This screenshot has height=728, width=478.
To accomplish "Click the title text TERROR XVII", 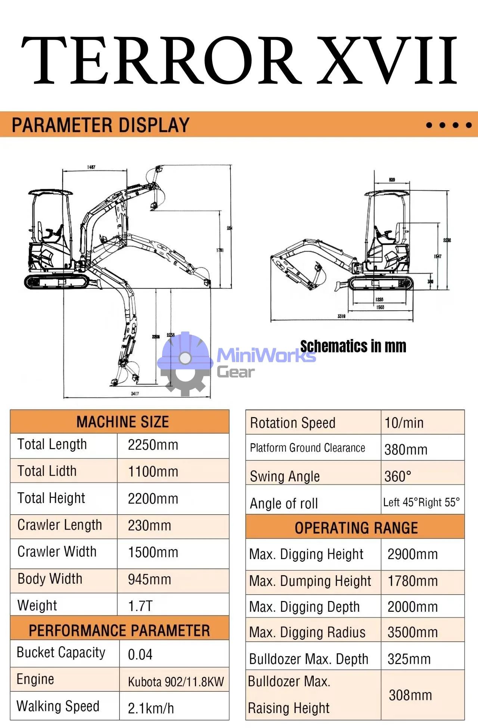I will [239, 60].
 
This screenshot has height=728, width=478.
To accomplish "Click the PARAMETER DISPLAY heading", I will [100, 125].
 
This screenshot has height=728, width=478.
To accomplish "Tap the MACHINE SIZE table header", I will [122, 422].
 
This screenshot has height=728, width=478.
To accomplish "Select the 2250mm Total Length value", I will [153, 445].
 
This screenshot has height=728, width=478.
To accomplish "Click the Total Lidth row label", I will [47, 471].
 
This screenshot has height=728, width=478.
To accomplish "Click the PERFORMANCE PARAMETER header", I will [119, 631].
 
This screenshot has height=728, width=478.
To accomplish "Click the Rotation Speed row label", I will [293, 423].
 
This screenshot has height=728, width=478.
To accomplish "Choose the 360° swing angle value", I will [398, 476].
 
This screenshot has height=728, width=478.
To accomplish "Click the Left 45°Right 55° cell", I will [421, 503].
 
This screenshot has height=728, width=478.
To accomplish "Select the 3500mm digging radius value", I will [412, 632].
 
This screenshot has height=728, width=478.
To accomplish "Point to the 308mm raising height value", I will [410, 695].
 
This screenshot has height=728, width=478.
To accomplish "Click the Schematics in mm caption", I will [353, 346].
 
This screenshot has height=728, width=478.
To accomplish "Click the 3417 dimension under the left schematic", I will [135, 394].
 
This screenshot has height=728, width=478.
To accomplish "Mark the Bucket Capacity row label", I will [61, 653].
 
